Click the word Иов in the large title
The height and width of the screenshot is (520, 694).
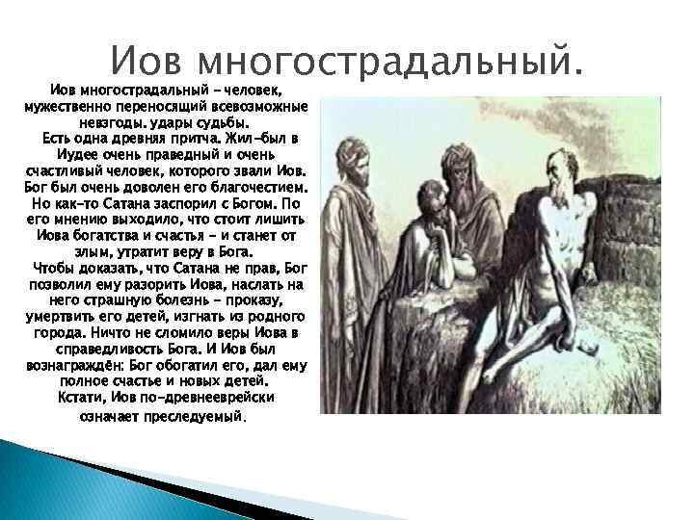pos(146,60)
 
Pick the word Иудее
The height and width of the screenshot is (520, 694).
pos(78,155)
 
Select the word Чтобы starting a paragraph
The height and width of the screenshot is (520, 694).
pos(54,269)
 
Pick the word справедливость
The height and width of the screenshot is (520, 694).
pos(111,350)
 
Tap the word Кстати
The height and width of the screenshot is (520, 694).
pos(82,398)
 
